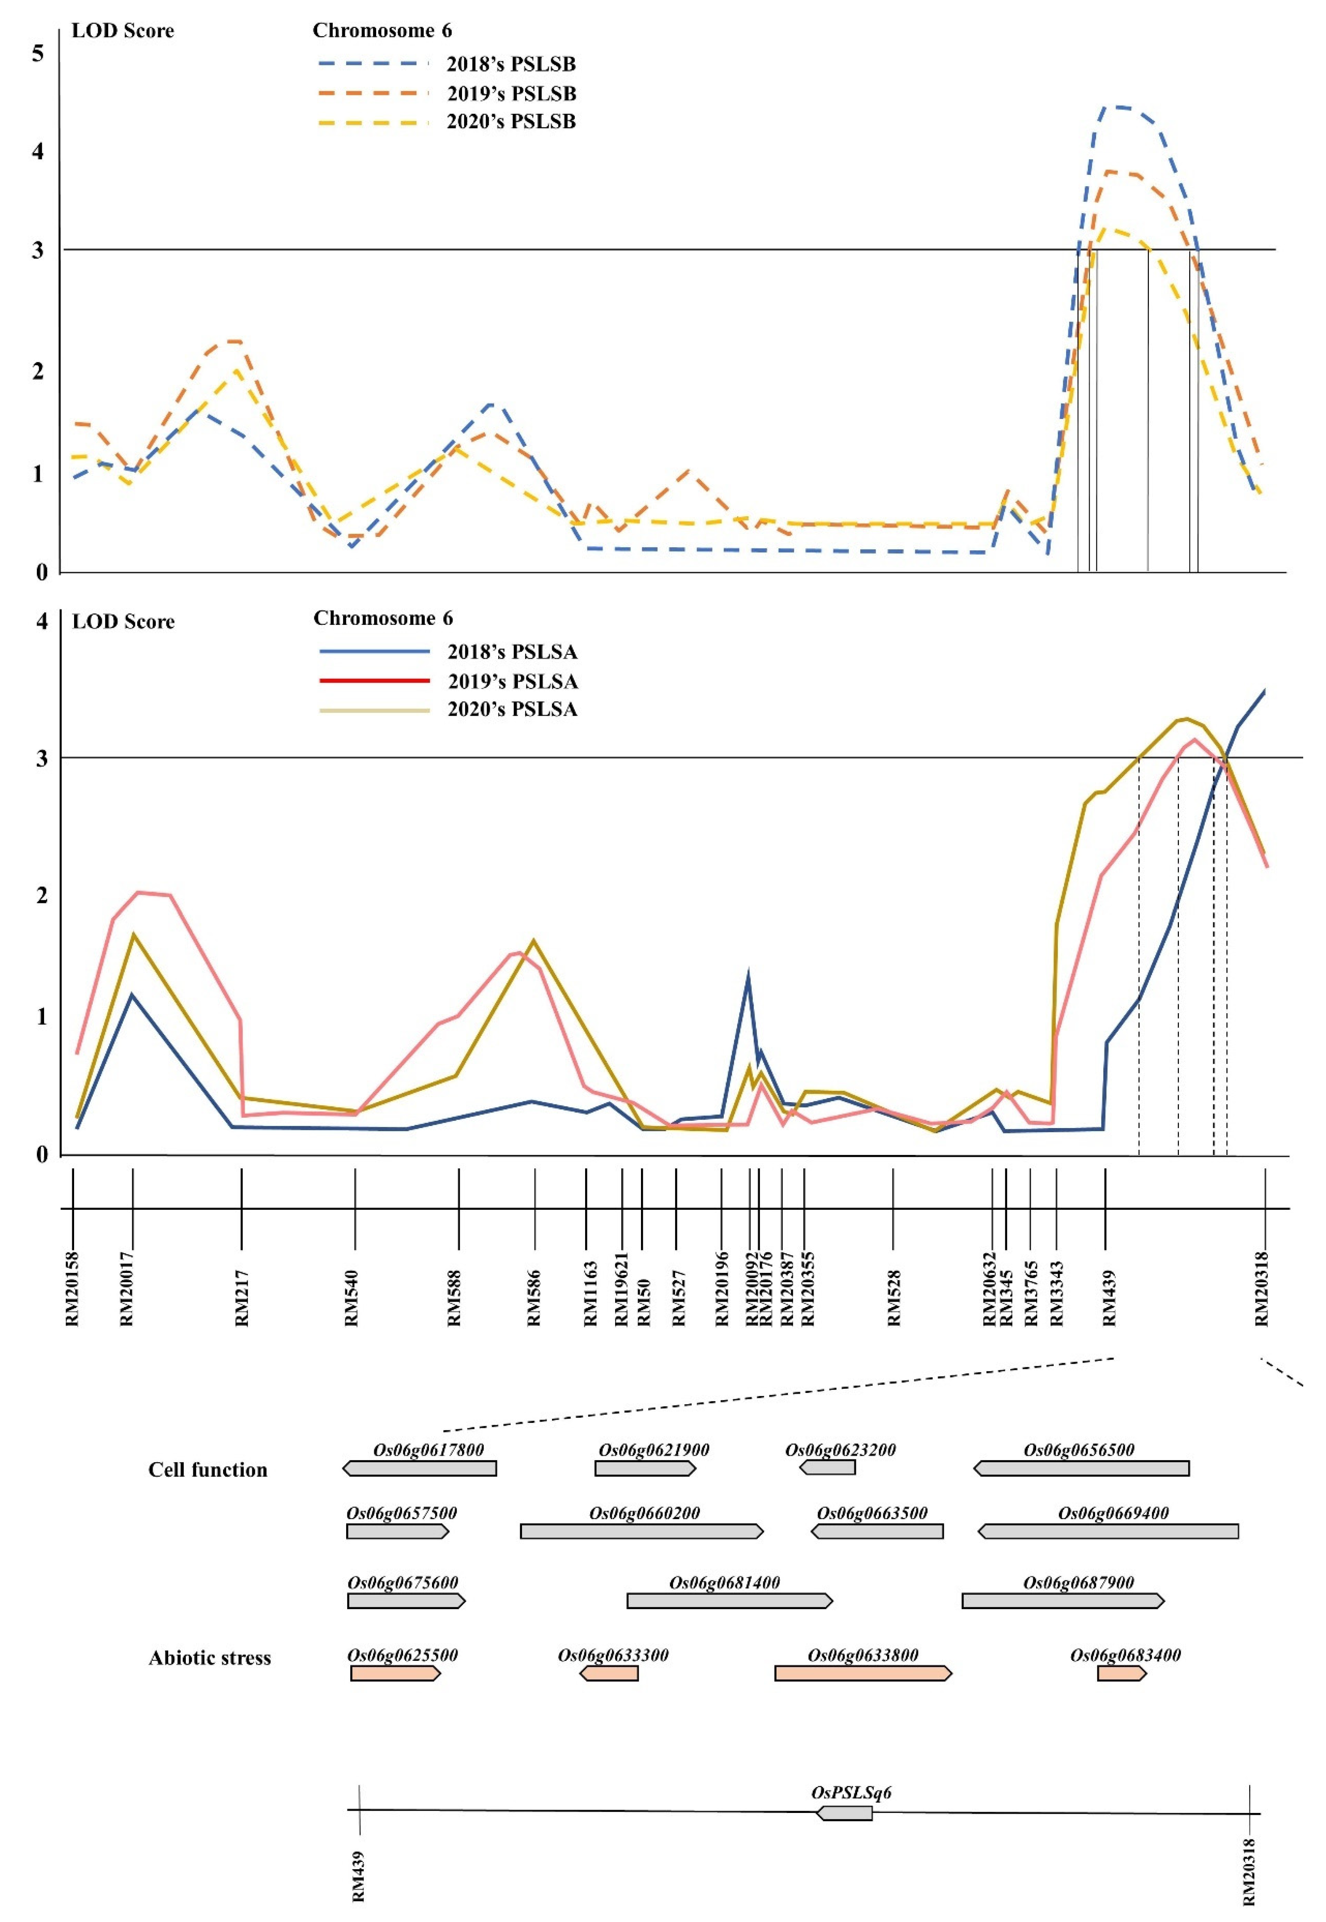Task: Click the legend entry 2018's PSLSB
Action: [511, 64]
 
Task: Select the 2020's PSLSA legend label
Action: [512, 709]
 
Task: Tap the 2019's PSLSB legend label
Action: [511, 93]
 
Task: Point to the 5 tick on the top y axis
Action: [37, 54]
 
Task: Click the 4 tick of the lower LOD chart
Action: [41, 621]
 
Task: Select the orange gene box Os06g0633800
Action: [862, 1673]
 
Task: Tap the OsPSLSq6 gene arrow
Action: [845, 1812]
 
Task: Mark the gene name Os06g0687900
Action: [1078, 1582]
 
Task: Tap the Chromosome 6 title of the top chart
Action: [382, 31]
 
